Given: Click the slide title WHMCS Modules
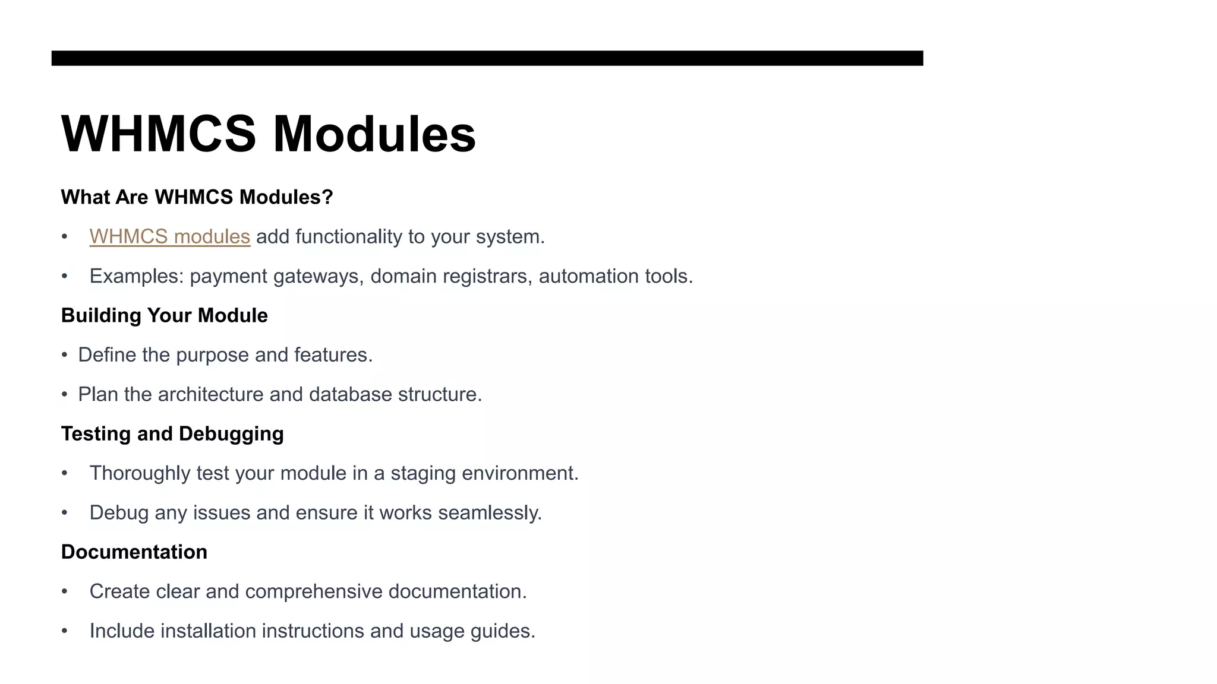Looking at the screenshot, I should pos(268,134).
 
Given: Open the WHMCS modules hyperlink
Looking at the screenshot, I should pos(169,237).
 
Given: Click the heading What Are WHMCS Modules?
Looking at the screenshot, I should pos(197,197).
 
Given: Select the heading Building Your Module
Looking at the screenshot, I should pos(164,315).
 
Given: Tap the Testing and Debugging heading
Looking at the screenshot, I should pos(172,433).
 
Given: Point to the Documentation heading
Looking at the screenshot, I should pos(134,552).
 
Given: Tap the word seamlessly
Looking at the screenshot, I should pos(490,513).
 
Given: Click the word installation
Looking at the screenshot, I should pos(208,631).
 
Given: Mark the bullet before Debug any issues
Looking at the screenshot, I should pos(64,512).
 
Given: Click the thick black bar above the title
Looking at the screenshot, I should pos(487,58).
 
